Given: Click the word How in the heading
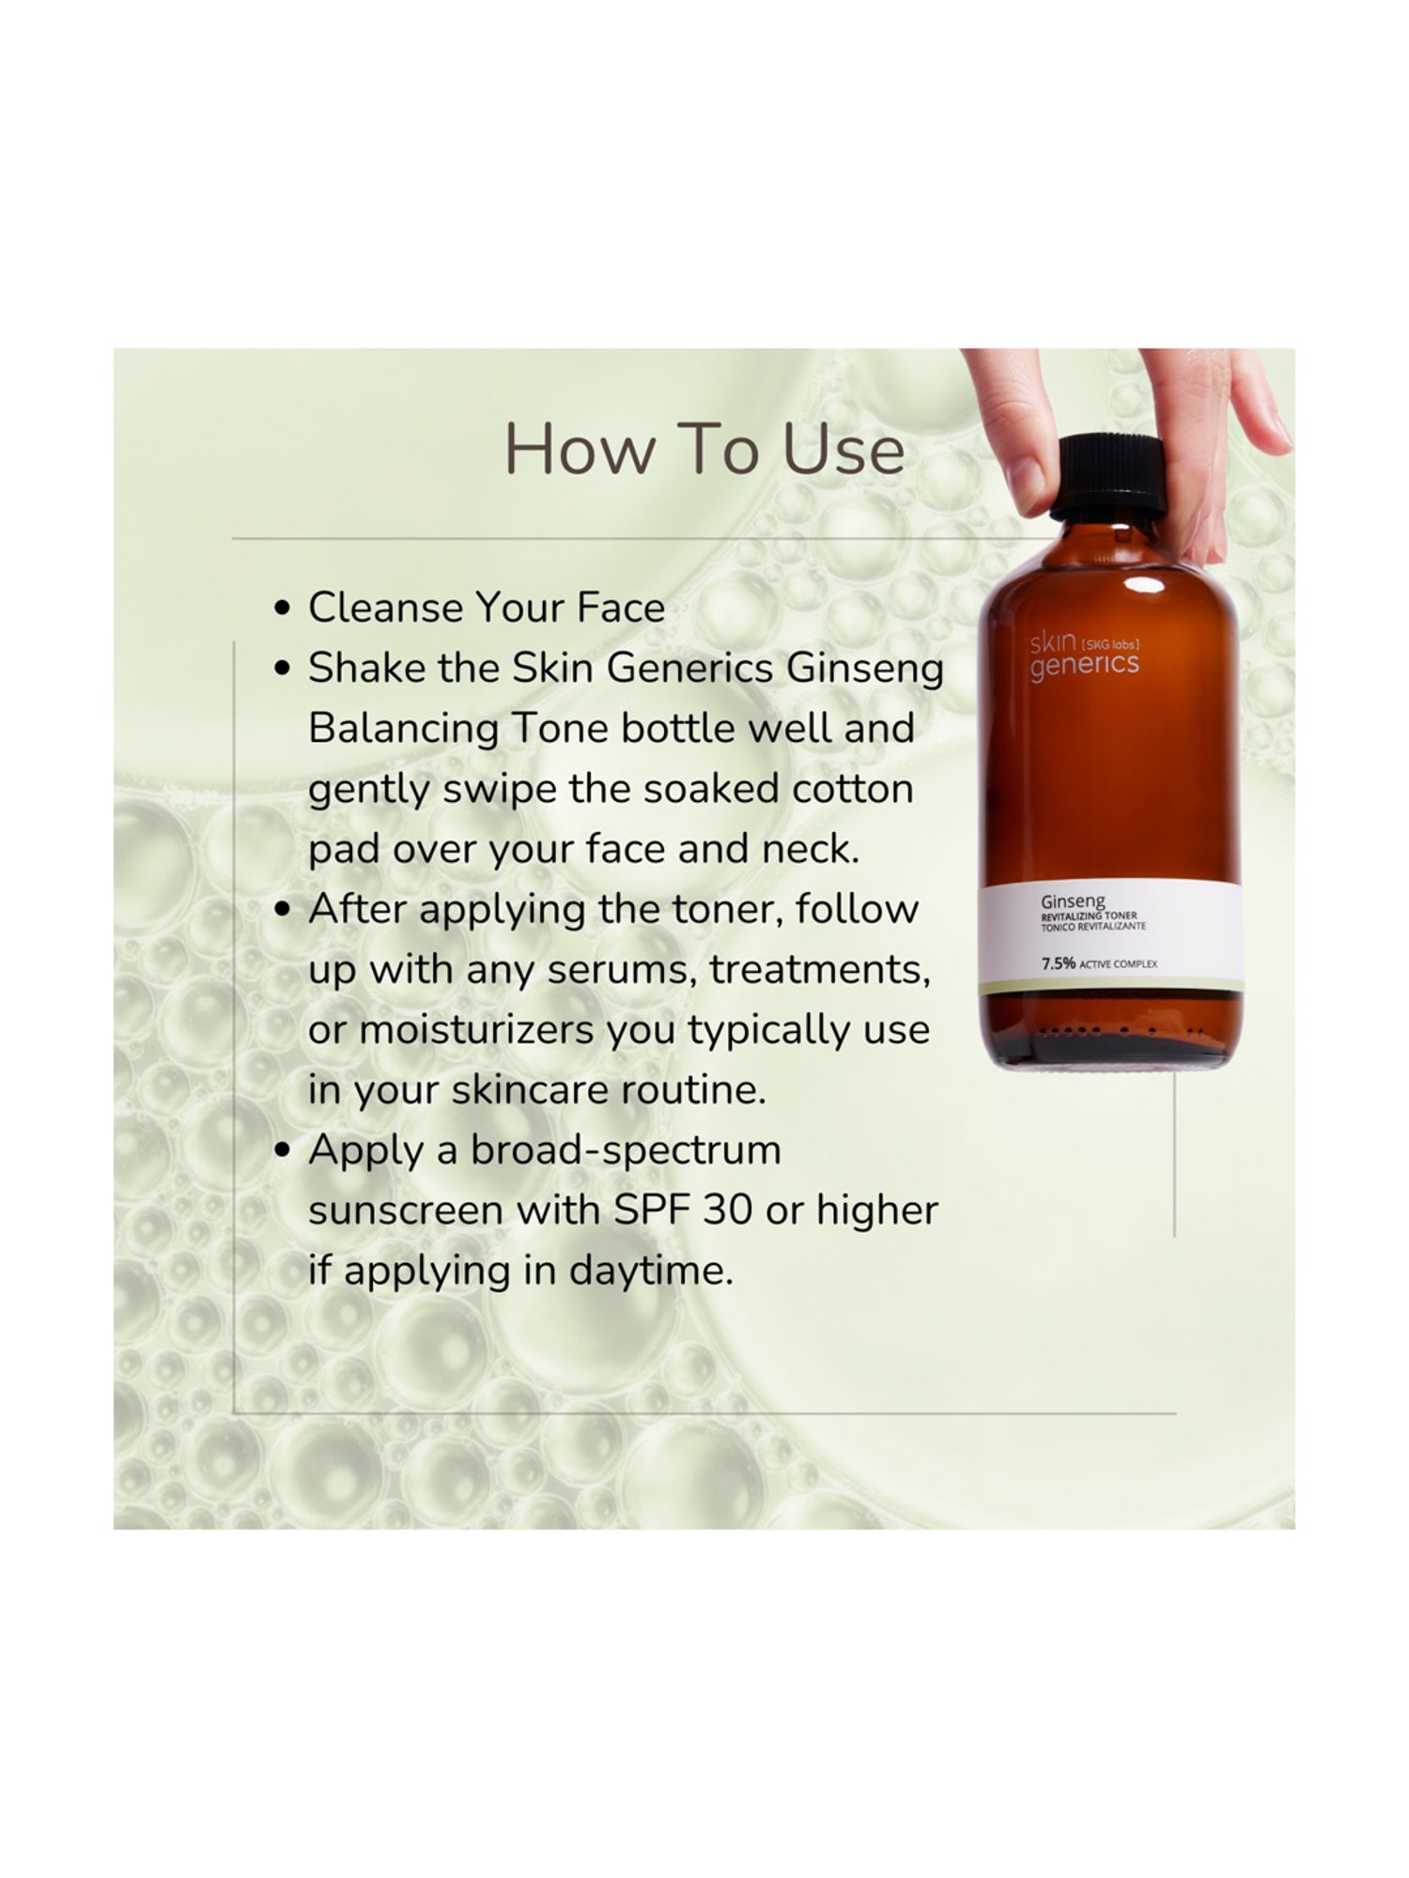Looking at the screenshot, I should [x=578, y=450].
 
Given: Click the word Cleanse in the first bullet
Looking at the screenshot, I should [x=384, y=608].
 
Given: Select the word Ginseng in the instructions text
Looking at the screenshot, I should [x=864, y=670].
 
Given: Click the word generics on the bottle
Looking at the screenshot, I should [x=1084, y=666].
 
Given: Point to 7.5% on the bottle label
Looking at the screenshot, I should [x=1058, y=963].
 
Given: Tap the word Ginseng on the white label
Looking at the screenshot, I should [x=1073, y=901].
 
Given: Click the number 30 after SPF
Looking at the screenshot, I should [x=727, y=1210].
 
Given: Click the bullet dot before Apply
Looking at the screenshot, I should [x=283, y=1151].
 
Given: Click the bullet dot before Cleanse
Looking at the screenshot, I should [x=283, y=608].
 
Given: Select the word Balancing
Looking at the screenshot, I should [x=403, y=730].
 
